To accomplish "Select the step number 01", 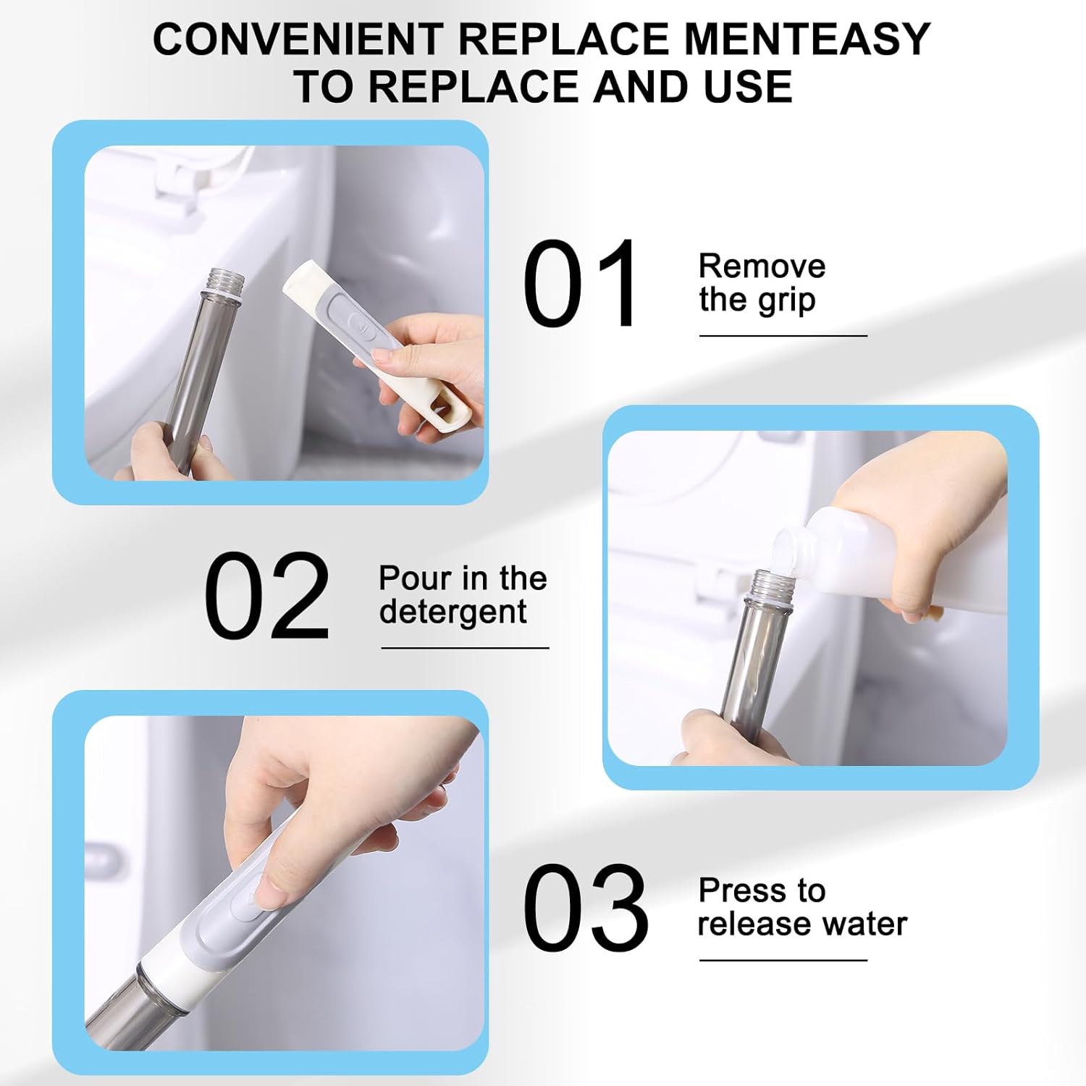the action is point(580,284).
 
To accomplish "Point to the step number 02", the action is point(266,595).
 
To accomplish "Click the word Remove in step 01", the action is point(762,266).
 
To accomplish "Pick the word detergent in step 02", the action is point(452,612).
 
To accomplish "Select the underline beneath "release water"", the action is point(783,960).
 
